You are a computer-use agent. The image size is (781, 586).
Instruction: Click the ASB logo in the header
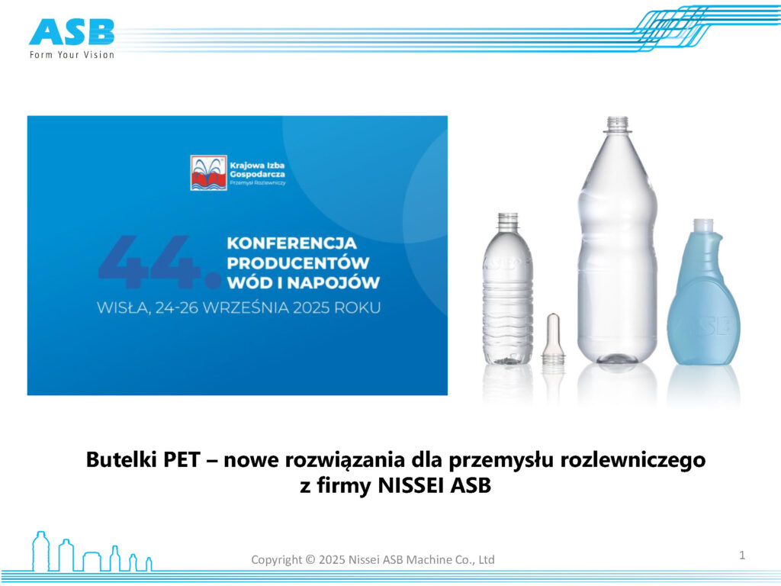[x=72, y=32]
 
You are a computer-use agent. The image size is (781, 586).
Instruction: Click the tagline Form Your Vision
[x=72, y=55]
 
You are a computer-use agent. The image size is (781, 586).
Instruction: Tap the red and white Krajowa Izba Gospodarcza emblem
[x=209, y=173]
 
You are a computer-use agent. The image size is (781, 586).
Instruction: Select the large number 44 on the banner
[x=159, y=262]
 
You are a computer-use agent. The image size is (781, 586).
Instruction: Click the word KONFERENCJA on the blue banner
[x=292, y=243]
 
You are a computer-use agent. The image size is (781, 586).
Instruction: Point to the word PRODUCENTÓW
[x=298, y=263]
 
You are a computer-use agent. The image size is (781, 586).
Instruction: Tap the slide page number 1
[x=742, y=555]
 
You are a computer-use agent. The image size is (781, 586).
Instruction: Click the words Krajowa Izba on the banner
[x=257, y=166]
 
